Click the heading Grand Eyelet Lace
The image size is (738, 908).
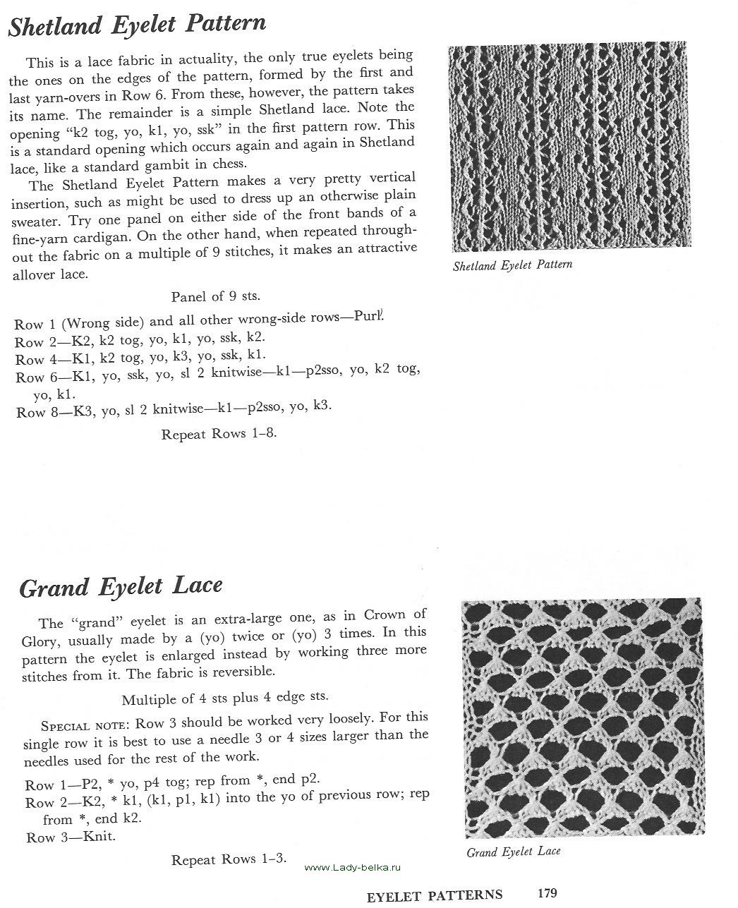pos(121,587)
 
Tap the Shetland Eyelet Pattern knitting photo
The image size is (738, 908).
pos(567,148)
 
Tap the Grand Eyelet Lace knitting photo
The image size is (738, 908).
pos(583,718)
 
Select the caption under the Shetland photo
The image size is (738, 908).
pos(512,265)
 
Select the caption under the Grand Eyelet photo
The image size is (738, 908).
pos(514,852)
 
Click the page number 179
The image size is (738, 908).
pos(548,893)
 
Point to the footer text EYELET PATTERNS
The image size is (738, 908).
pos(435,895)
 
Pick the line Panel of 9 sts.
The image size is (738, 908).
pos(220,297)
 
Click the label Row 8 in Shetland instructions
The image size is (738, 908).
pos(30,412)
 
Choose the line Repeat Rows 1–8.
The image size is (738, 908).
pos(219,434)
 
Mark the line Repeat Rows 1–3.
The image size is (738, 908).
pos(229,859)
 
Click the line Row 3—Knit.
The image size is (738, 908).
pos(71,837)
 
